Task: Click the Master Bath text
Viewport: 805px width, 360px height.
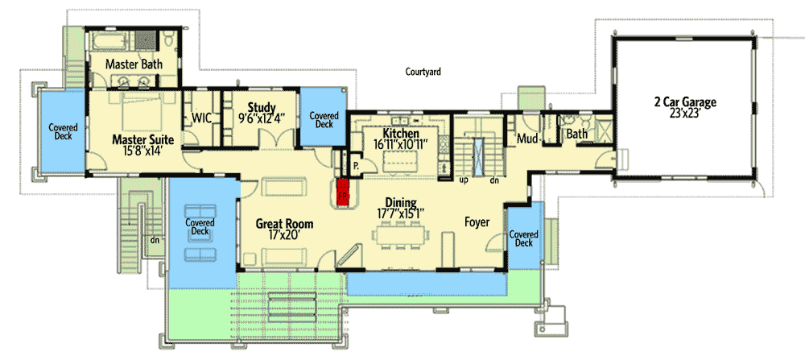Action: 134,64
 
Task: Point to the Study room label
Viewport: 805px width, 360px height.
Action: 262,107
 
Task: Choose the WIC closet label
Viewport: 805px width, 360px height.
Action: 201,118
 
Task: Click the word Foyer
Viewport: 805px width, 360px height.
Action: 478,221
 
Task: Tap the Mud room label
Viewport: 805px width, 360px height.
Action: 526,138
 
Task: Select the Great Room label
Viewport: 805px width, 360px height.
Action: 284,223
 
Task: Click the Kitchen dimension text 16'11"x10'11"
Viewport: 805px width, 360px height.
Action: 400,145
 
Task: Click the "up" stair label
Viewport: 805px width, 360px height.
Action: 461,180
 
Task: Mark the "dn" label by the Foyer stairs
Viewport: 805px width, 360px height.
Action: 493,180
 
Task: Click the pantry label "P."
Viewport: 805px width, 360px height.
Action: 355,168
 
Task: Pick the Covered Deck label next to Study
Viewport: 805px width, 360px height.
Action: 324,119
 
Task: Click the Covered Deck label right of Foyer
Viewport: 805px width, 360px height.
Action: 523,238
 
